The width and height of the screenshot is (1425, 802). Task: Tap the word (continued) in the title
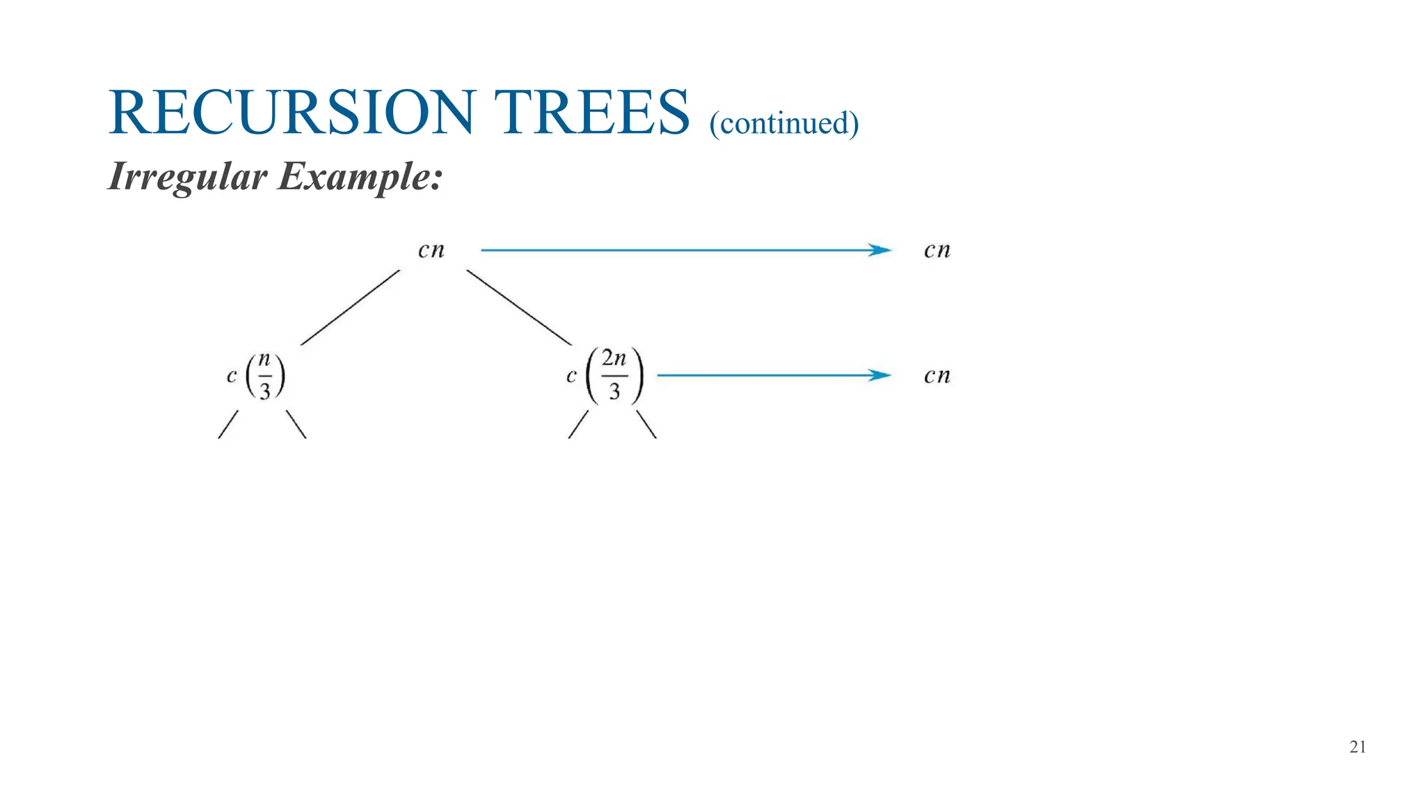pyautogui.click(x=784, y=123)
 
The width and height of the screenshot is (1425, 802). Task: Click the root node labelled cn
pyautogui.click(x=431, y=251)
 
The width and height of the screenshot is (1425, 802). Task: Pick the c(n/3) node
pyautogui.click(x=256, y=376)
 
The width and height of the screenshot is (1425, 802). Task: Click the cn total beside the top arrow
pyautogui.click(x=937, y=251)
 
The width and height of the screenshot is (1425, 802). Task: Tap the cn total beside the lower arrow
pyautogui.click(x=937, y=376)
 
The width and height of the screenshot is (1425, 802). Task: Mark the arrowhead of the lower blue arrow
pyautogui.click(x=880, y=375)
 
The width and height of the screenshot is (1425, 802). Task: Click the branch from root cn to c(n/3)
pyautogui.click(x=350, y=308)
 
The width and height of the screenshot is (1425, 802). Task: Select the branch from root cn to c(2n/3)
pyautogui.click(x=519, y=308)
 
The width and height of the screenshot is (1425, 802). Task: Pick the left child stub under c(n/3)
pyautogui.click(x=228, y=424)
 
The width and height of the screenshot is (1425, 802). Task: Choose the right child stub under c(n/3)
pyautogui.click(x=296, y=424)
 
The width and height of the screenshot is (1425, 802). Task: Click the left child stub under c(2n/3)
pyautogui.click(x=578, y=424)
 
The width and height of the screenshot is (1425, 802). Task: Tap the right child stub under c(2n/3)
pyautogui.click(x=646, y=424)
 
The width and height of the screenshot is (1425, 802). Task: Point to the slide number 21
pyautogui.click(x=1358, y=747)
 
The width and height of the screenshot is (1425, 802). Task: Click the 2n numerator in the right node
pyautogui.click(x=614, y=359)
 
